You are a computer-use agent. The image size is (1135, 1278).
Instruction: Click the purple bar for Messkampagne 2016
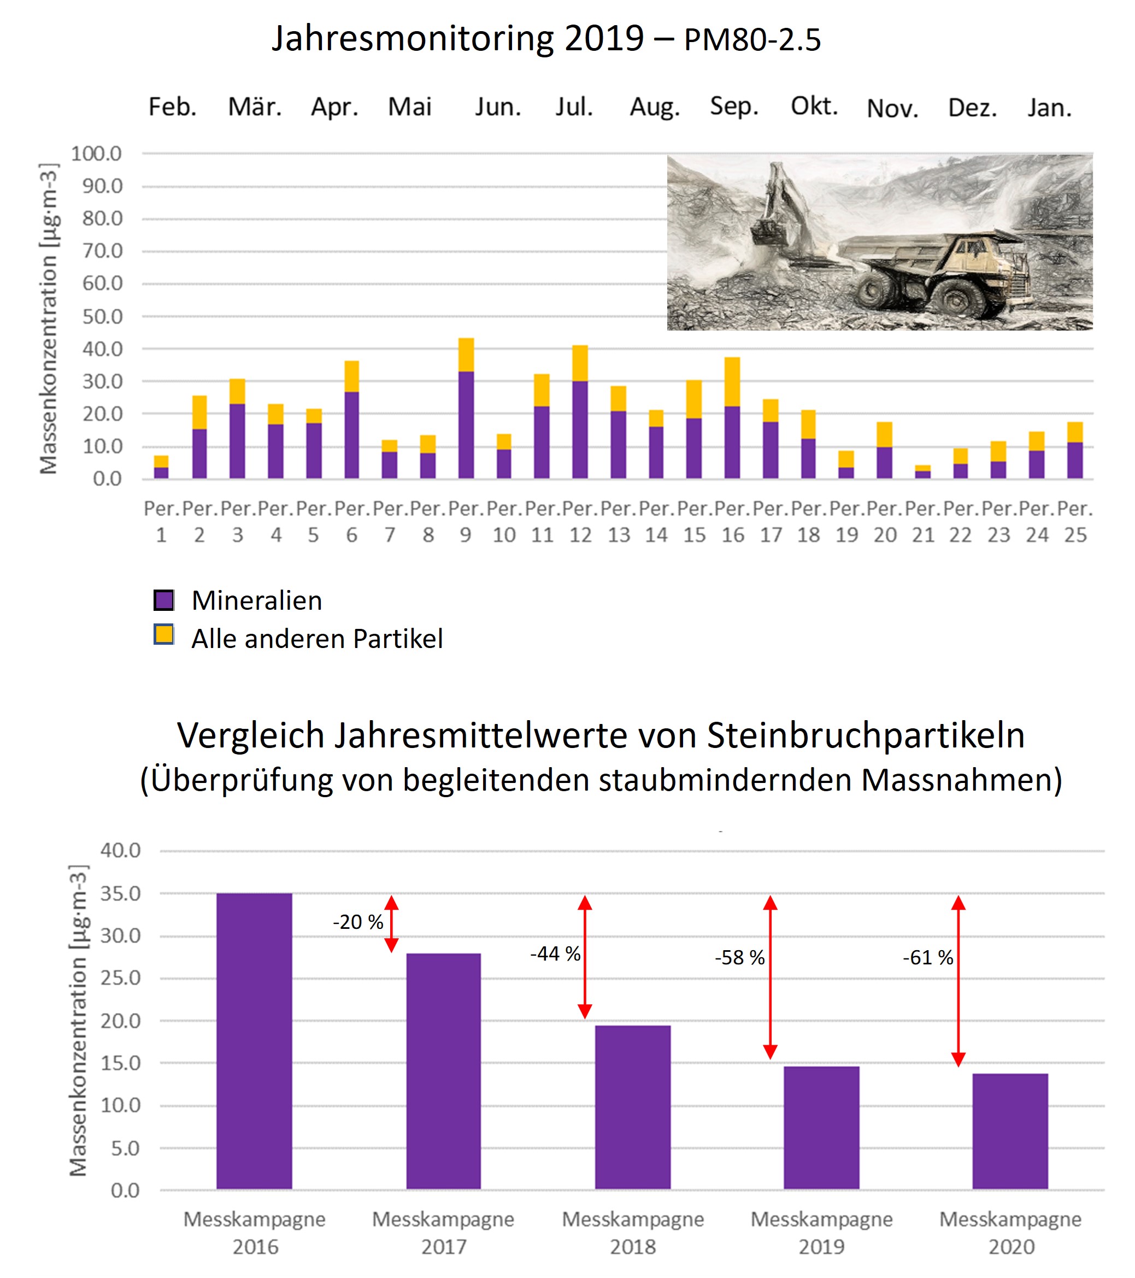[x=254, y=1040]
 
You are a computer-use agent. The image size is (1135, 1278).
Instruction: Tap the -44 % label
[x=555, y=954]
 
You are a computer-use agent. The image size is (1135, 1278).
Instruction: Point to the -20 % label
[x=358, y=922]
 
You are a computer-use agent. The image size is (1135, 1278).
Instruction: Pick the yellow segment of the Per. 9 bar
[x=466, y=355]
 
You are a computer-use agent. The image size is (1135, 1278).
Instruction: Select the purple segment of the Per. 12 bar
[x=580, y=429]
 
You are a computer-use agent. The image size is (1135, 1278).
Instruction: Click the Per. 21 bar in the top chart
[x=923, y=472]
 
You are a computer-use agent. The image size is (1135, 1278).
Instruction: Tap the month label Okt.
[x=814, y=107]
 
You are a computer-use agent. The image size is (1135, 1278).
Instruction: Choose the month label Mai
[x=410, y=107]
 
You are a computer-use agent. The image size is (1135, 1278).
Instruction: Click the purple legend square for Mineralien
[x=164, y=600]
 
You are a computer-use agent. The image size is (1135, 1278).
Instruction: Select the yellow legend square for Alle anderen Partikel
[x=164, y=634]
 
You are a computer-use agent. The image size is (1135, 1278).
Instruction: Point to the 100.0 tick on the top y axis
[x=96, y=153]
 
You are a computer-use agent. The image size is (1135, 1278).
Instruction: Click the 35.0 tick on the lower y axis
[x=121, y=893]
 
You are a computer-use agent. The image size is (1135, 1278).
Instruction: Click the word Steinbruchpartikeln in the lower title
[x=866, y=735]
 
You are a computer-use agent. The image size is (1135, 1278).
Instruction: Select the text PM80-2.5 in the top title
[x=752, y=40]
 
